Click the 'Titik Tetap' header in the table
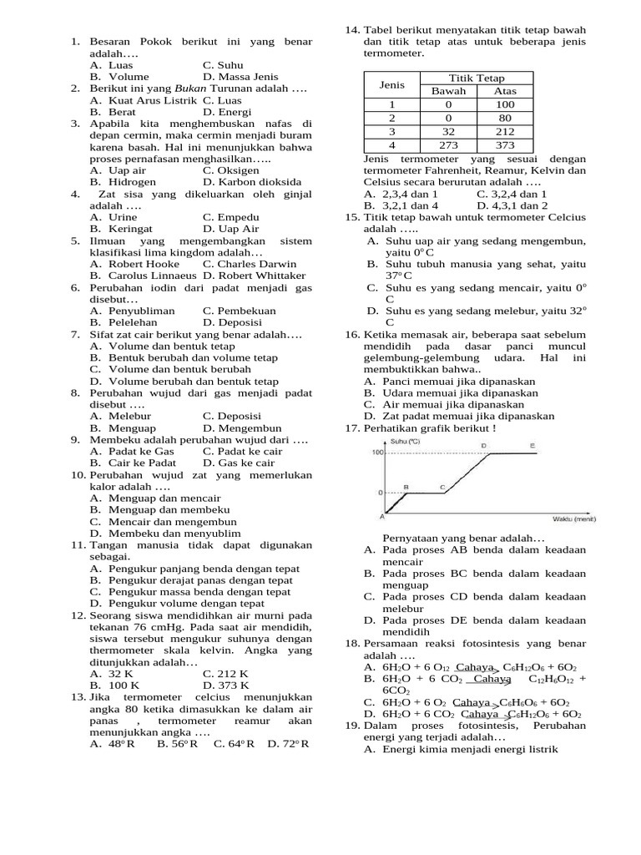(x=477, y=78)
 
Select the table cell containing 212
(x=505, y=131)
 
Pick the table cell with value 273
(x=448, y=144)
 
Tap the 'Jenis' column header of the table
(x=391, y=84)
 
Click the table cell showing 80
(x=505, y=118)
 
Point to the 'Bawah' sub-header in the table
(x=448, y=91)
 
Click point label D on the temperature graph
(x=484, y=446)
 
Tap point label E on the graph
(x=533, y=446)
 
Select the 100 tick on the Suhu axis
(x=377, y=453)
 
